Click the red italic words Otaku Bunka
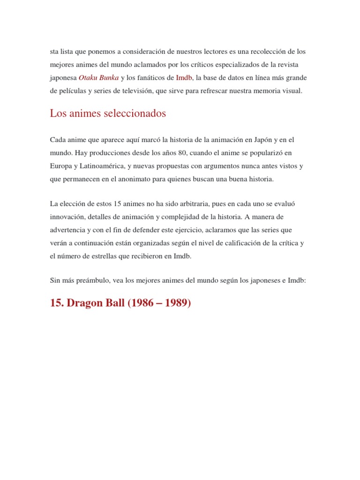pyautogui.click(x=98, y=77)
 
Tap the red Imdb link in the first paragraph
pyautogui.click(x=184, y=77)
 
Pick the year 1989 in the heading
pyautogui.click(x=174, y=303)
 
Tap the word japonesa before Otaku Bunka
pyautogui.click(x=63, y=77)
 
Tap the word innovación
pyautogui.click(x=68, y=217)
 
